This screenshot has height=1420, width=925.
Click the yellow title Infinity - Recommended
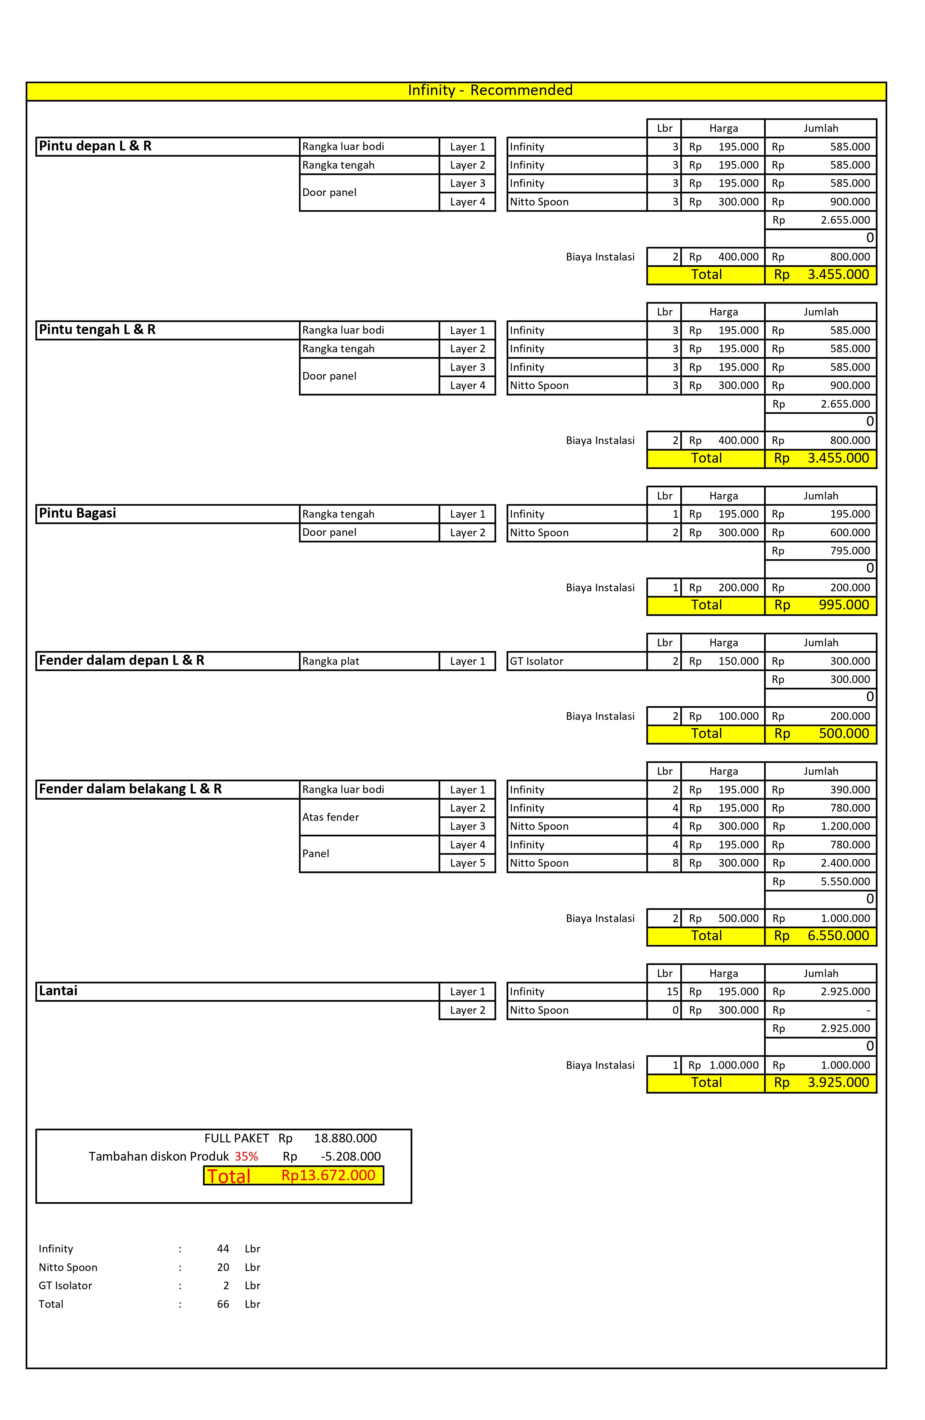(490, 90)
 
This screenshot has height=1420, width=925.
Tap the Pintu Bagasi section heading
(78, 513)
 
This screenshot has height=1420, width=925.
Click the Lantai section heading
(58, 991)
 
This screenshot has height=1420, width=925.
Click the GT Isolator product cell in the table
(537, 661)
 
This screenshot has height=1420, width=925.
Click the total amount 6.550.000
(838, 935)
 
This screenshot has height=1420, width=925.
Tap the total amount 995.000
(843, 605)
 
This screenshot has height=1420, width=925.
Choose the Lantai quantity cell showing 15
(672, 992)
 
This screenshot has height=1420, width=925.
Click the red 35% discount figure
(246, 1156)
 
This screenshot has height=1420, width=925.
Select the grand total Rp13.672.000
(328, 1175)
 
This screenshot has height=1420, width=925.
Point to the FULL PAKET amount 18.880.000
(345, 1138)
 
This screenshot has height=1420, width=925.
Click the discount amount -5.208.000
(351, 1156)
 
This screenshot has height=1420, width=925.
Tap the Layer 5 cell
(468, 863)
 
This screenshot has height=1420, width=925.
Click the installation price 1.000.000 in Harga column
(733, 1065)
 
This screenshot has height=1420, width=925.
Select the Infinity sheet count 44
(223, 1249)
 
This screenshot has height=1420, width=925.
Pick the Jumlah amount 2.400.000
(845, 863)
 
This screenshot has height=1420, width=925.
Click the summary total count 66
(223, 1304)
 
